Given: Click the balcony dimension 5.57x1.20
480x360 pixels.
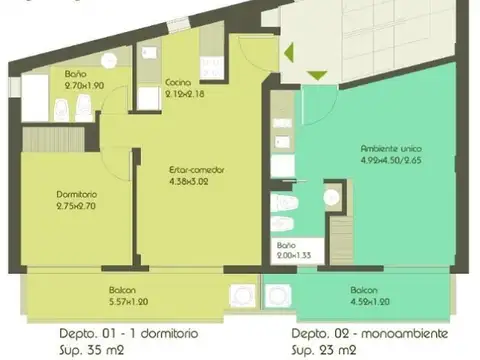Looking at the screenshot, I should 127,301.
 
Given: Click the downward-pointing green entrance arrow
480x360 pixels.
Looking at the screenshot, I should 315,75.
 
